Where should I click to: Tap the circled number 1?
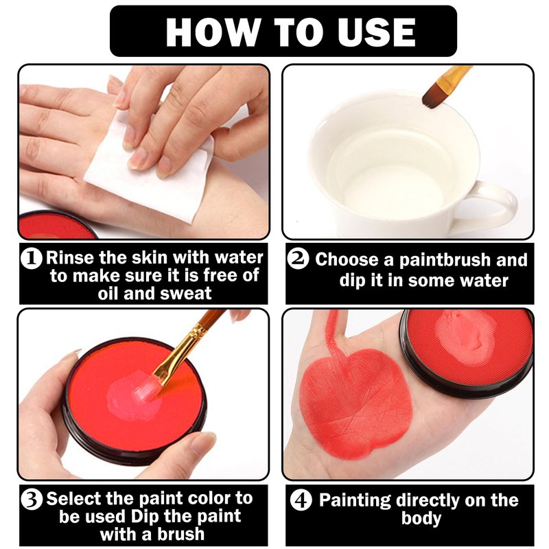[31, 259]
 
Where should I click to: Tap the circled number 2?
[298, 259]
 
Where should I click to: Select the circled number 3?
[31, 500]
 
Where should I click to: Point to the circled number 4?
[301, 500]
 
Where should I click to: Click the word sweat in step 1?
[185, 294]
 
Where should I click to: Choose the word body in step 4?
[421, 519]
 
